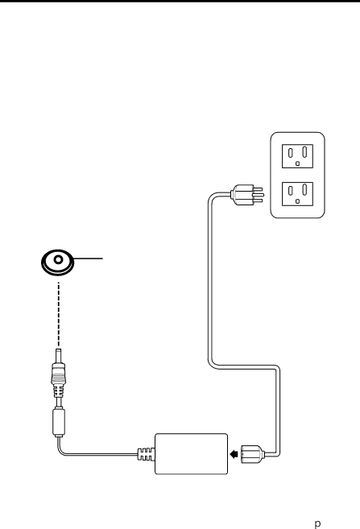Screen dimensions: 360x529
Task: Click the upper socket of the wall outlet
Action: point(297,156)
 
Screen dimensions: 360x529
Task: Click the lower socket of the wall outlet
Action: point(297,194)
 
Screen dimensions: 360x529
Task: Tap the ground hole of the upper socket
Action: point(297,163)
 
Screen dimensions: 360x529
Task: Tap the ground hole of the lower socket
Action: point(297,201)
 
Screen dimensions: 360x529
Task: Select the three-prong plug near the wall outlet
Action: point(246,195)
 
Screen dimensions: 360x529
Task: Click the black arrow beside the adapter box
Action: point(234,454)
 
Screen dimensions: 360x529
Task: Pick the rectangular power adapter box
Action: point(192,454)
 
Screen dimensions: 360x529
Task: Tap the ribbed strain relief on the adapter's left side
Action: point(146,454)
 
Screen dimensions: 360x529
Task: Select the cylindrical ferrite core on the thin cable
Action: point(59,422)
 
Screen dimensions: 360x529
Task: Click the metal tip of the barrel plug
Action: point(58,356)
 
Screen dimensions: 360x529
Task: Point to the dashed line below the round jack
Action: point(59,314)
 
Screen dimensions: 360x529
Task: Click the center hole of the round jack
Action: point(58,259)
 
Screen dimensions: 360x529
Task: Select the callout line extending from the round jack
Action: point(88,258)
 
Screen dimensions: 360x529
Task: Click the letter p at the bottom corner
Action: point(317,523)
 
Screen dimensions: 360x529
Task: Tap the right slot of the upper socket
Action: point(304,152)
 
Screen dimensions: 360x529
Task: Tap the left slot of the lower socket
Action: point(290,191)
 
